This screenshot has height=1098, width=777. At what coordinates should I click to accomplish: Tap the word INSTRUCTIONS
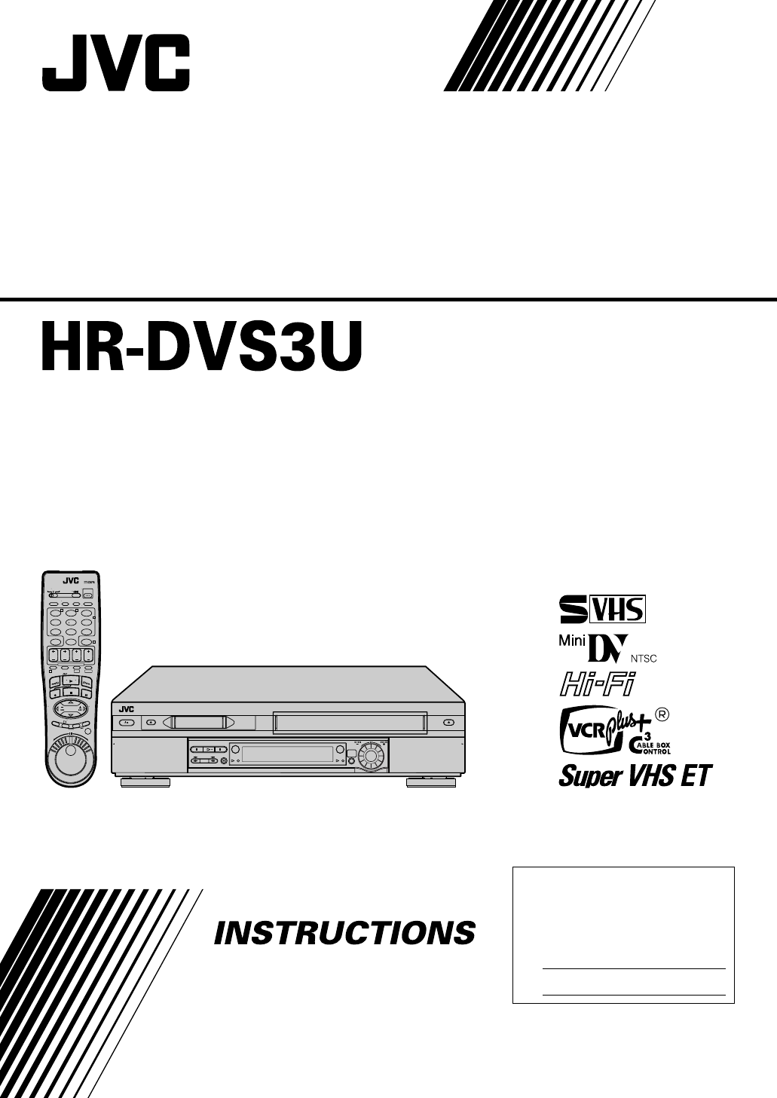344,933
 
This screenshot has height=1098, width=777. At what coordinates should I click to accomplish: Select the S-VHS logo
601,607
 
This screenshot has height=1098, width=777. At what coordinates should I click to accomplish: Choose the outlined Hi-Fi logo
595,685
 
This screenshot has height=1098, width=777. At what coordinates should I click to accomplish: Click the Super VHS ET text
635,775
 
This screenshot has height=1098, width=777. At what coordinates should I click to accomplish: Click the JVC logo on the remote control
70,580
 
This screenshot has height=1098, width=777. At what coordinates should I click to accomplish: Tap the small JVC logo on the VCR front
125,708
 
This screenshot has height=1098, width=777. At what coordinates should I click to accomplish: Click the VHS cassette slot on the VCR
350,722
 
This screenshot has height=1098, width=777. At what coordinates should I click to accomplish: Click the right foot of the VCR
431,782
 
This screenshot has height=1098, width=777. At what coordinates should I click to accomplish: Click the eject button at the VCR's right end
449,722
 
